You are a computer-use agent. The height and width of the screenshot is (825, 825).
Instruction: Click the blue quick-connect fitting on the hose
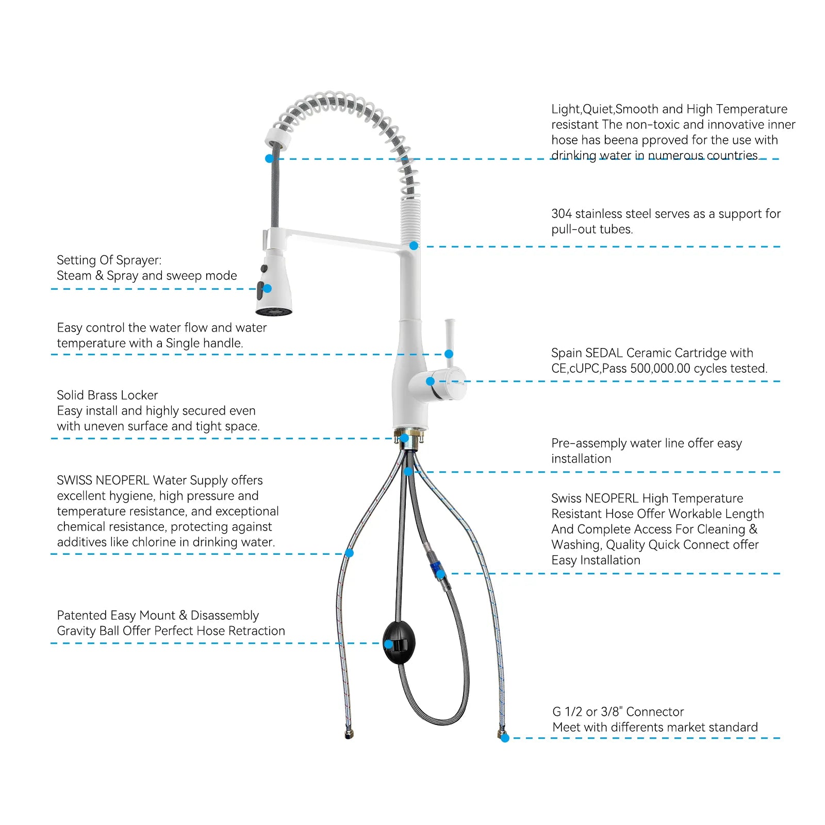click(x=436, y=570)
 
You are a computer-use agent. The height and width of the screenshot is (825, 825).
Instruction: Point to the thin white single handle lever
click(x=450, y=337)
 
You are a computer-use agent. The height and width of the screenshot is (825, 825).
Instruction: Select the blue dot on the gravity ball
click(x=388, y=644)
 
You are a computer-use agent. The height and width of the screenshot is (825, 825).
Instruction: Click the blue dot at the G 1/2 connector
click(x=505, y=738)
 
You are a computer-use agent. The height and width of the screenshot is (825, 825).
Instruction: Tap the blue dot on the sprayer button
click(x=267, y=289)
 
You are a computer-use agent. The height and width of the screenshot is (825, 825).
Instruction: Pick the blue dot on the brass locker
click(x=405, y=438)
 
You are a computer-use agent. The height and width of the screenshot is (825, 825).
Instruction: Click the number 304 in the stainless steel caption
click(x=562, y=214)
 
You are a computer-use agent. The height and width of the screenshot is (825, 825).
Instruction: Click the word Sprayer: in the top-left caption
click(x=143, y=260)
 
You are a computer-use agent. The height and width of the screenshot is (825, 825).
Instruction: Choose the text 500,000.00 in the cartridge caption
click(x=660, y=369)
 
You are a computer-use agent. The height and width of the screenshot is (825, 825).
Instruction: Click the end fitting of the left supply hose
click(x=349, y=734)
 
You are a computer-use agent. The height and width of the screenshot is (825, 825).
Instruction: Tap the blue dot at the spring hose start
click(x=269, y=159)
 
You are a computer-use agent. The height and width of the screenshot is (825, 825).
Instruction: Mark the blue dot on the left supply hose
click(x=349, y=553)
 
